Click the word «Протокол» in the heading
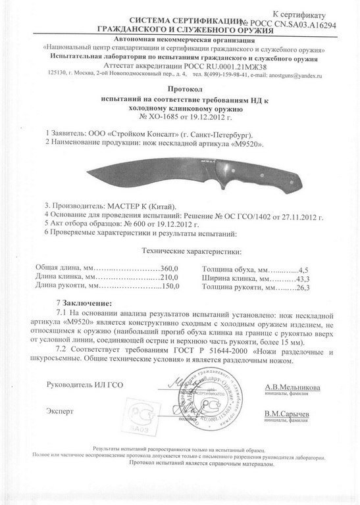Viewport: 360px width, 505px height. click(180, 87)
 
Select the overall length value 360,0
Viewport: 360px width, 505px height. click(171, 270)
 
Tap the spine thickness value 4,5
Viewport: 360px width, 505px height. click(305, 270)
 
